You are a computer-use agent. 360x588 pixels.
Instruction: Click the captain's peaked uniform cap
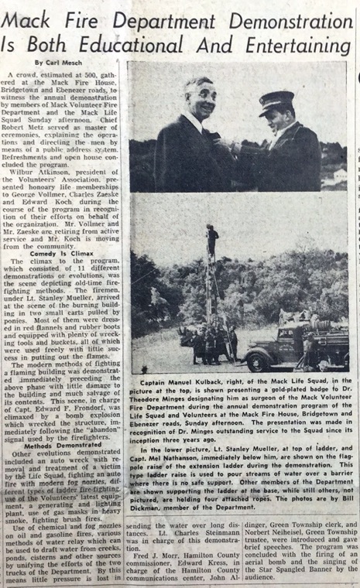pos(276,101)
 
